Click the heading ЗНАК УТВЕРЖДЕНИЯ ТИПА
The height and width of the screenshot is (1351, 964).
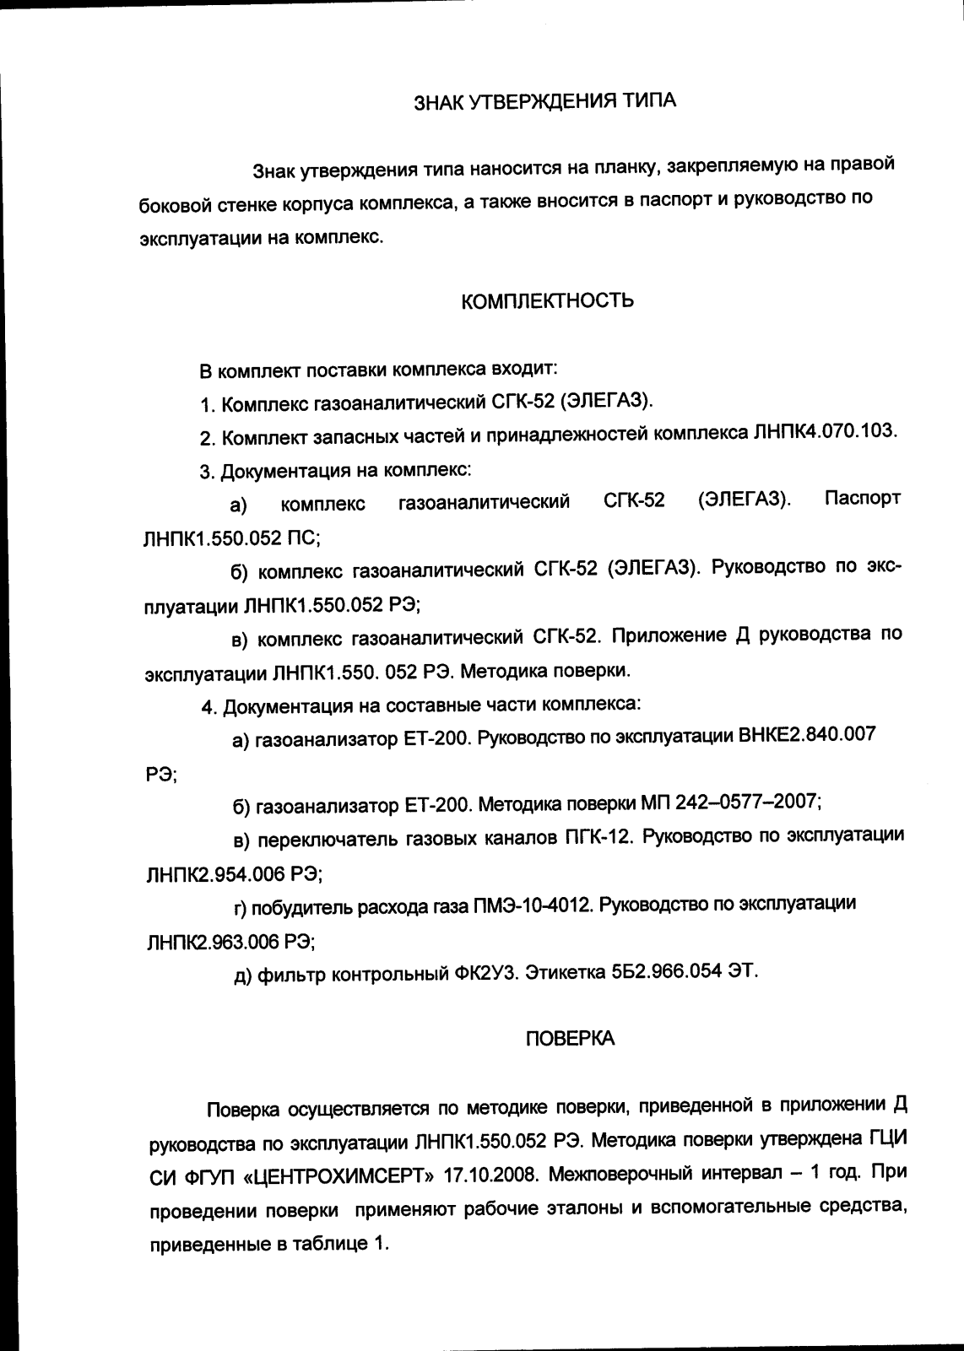[x=544, y=102]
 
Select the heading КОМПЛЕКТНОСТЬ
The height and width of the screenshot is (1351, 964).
[x=548, y=301]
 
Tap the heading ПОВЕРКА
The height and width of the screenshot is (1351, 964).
[x=570, y=1040]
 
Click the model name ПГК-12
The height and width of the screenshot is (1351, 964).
[x=593, y=837]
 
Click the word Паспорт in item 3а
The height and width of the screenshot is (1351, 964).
[x=862, y=498]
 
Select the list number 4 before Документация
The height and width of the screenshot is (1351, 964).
[x=206, y=706]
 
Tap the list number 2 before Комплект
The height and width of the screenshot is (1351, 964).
[x=205, y=438]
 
